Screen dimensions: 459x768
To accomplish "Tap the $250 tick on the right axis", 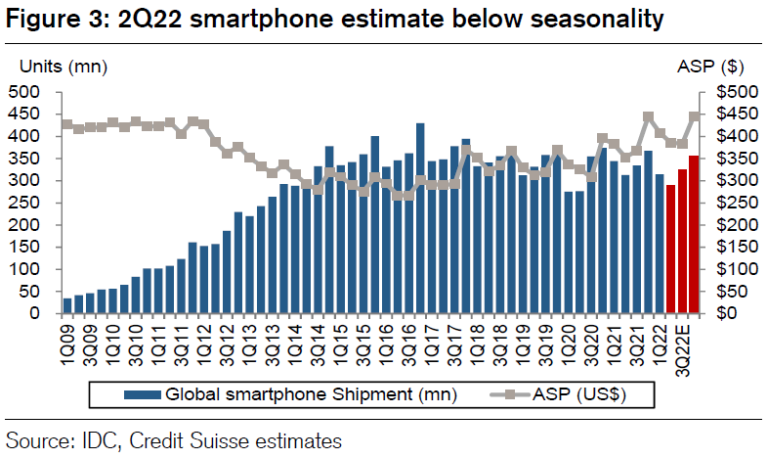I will [725, 203].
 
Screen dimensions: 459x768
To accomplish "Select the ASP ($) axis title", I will [711, 67].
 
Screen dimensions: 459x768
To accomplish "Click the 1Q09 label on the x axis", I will [67, 339].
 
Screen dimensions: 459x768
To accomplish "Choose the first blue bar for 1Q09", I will [67, 305].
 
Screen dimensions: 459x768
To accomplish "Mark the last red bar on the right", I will [694, 235].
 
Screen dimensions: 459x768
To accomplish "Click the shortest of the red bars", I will [670, 250].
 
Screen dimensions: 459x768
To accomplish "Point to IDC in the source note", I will [92, 440].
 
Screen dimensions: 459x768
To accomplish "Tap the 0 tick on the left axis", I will [38, 313].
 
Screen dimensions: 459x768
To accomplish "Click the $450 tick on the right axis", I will [725, 115].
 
